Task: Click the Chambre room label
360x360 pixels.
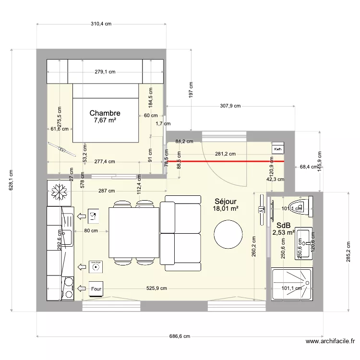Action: [105, 113]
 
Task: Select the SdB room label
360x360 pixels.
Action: [283, 225]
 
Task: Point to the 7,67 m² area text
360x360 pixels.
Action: [105, 120]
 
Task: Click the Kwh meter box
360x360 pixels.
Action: [278, 149]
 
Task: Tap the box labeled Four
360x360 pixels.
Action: [96, 289]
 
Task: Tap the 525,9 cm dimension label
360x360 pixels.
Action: [157, 288]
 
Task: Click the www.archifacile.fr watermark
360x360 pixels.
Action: [330, 342]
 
